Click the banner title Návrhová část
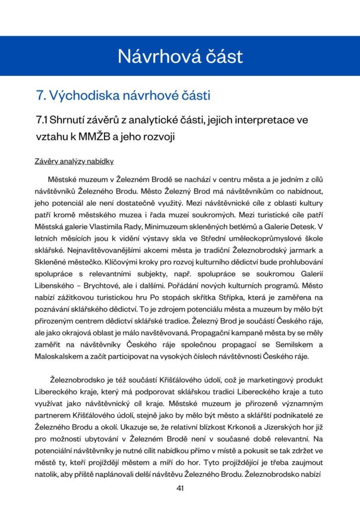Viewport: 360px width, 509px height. click(x=180, y=56)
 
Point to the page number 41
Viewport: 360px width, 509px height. click(x=180, y=488)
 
